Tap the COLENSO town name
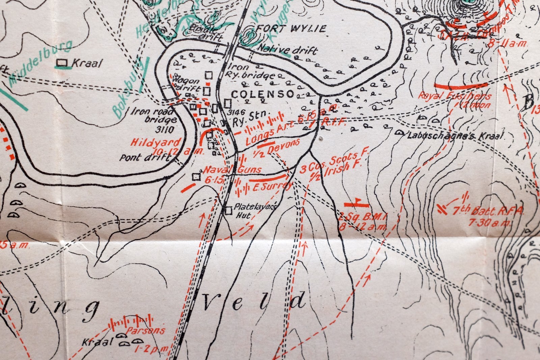(x=263, y=94)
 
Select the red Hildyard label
(x=156, y=142)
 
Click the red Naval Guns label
(x=233, y=170)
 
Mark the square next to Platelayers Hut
(x=228, y=211)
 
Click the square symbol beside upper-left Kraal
(x=61, y=62)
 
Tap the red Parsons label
(x=146, y=330)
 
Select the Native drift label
(x=288, y=50)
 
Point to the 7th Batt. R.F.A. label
(x=488, y=211)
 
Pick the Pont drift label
(x=145, y=157)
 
